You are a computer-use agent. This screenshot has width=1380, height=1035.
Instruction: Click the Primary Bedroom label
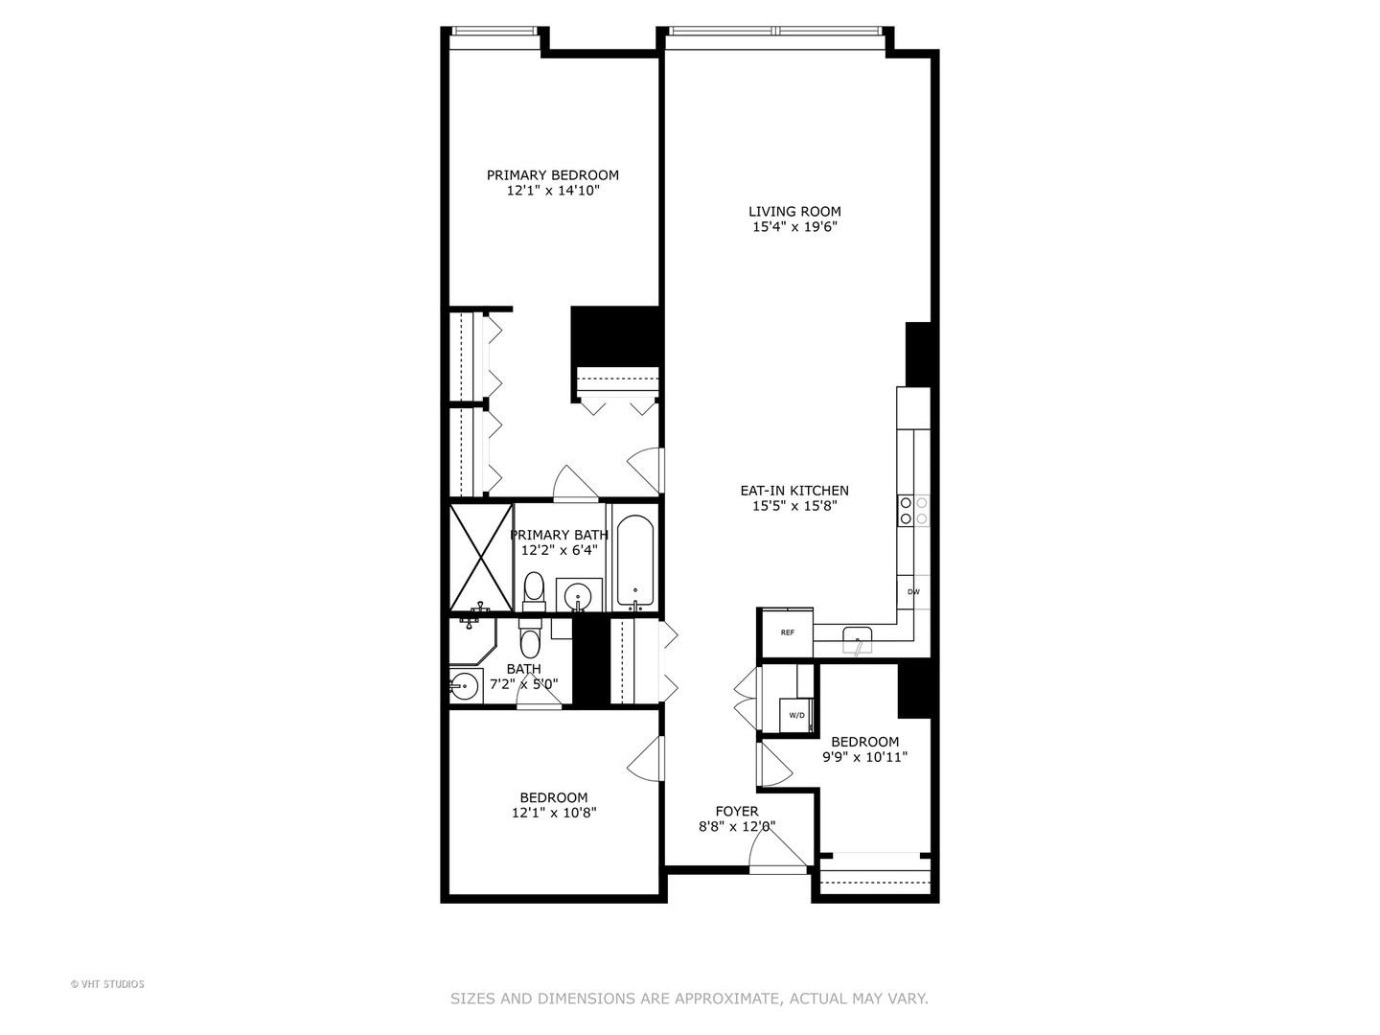pos(552,175)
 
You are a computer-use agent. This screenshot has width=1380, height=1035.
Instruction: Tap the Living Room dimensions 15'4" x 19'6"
pos(795,227)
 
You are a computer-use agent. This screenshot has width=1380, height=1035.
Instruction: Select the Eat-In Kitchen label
pos(794,491)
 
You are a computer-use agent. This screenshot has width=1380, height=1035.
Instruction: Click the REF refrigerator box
pos(787,632)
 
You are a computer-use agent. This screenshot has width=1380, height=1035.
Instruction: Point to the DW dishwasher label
pos(913,592)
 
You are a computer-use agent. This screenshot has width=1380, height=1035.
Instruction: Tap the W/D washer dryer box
pos(797,715)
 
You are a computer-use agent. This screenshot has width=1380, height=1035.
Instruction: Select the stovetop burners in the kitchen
pos(913,511)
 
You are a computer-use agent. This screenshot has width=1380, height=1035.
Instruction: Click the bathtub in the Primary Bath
pos(635,562)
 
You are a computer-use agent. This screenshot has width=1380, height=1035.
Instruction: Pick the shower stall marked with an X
pos(481,557)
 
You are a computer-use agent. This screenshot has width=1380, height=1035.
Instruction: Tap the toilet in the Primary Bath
pos(534,590)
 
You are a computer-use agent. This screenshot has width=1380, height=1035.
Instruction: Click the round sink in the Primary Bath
pos(579,596)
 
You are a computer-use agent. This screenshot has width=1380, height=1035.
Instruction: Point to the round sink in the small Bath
pos(465,686)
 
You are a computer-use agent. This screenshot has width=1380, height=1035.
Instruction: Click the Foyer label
pos(737,812)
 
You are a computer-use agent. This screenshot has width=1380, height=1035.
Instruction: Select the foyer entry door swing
pos(777,849)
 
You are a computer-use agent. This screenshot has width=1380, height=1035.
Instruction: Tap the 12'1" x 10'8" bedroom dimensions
pos(554,813)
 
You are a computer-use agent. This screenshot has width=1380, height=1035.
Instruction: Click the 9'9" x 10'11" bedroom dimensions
pos(864,757)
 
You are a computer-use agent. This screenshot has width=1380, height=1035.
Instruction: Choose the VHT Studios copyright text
pos(107,984)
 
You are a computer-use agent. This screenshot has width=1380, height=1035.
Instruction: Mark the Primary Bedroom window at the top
pos(494,32)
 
